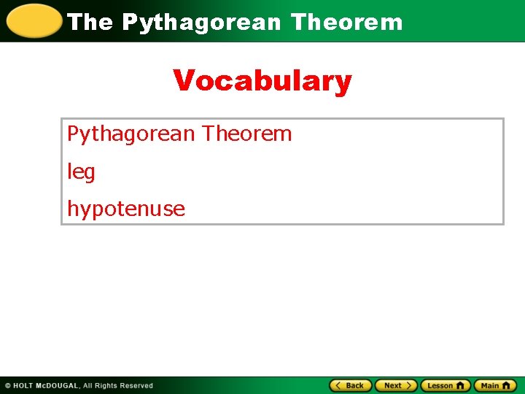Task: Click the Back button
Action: pyautogui.click(x=351, y=385)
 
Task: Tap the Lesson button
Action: pyautogui.click(x=446, y=385)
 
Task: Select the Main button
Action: pyautogui.click(x=495, y=385)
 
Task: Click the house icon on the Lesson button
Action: pyautogui.click(x=460, y=385)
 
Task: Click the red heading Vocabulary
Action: pyautogui.click(x=262, y=81)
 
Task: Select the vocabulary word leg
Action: pyautogui.click(x=81, y=172)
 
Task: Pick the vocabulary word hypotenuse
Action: pyautogui.click(x=126, y=209)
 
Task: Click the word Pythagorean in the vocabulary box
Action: pyautogui.click(x=131, y=134)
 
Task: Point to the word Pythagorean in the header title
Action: pyautogui.click(x=201, y=23)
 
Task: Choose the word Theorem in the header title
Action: pyautogui.click(x=346, y=22)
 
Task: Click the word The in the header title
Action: pyautogui.click(x=90, y=22)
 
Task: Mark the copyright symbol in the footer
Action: pyautogui.click(x=8, y=385)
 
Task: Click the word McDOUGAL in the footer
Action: pyautogui.click(x=58, y=385)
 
